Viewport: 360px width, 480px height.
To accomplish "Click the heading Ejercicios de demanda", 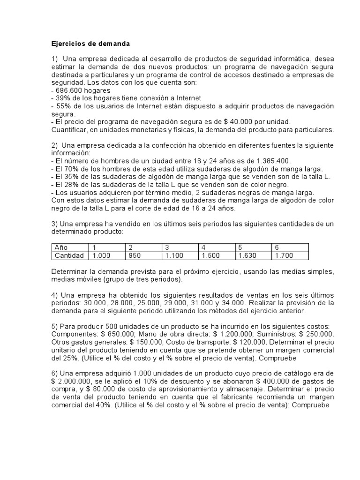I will [90, 44].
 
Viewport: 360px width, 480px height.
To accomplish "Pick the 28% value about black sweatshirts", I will [70, 184].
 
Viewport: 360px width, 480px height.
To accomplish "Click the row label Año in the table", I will [61, 247].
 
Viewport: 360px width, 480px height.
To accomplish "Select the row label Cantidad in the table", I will [69, 255].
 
